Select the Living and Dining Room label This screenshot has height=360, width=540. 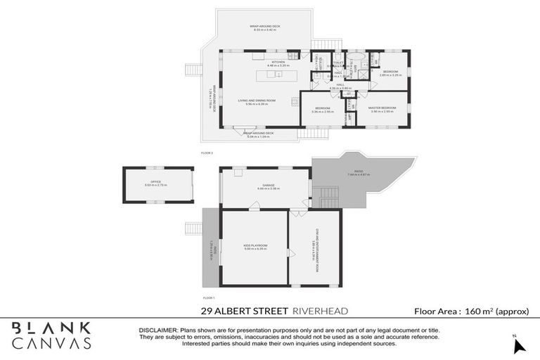coord(259,102)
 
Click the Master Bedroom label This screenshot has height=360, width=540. coord(382,109)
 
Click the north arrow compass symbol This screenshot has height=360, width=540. coord(517,345)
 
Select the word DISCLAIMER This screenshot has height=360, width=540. coord(157,330)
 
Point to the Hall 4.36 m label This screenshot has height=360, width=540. coord(340,86)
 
